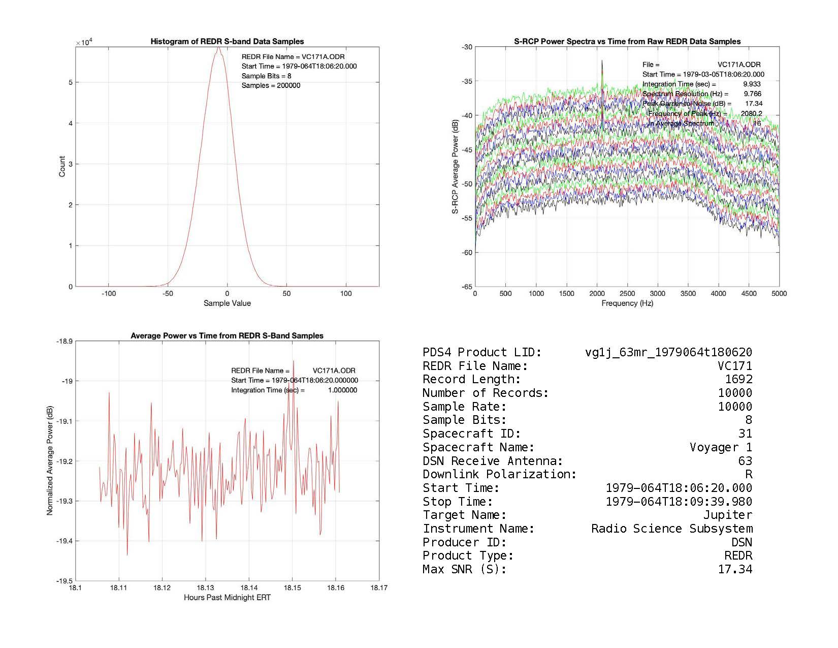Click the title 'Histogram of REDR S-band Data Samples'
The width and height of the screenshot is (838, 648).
coord(227,42)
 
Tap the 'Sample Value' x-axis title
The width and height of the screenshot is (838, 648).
coord(227,303)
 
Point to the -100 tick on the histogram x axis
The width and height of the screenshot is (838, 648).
coord(109,293)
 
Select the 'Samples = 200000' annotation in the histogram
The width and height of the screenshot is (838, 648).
coord(271,85)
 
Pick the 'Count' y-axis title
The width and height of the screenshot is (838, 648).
coord(62,167)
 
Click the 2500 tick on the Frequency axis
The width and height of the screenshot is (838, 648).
coord(627,293)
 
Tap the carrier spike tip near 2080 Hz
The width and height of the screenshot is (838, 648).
coord(602,61)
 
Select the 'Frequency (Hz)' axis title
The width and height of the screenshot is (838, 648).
coord(627,303)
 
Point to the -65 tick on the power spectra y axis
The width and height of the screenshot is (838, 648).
coord(466,287)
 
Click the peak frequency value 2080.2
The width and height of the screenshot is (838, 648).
coord(751,113)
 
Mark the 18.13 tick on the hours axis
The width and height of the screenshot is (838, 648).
coord(205,588)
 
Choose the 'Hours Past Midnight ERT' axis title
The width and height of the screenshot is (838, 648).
coord(227,598)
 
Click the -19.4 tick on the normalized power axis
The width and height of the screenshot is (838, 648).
coord(64,541)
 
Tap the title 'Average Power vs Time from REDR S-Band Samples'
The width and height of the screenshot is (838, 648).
coord(227,336)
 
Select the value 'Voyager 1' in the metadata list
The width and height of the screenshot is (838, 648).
coord(721,447)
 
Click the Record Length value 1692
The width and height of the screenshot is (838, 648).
coord(738,379)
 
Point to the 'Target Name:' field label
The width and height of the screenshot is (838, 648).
coord(464,515)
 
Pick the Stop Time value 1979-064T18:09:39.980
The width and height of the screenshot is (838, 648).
coord(679,502)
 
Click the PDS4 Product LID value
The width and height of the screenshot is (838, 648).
coord(668,352)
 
